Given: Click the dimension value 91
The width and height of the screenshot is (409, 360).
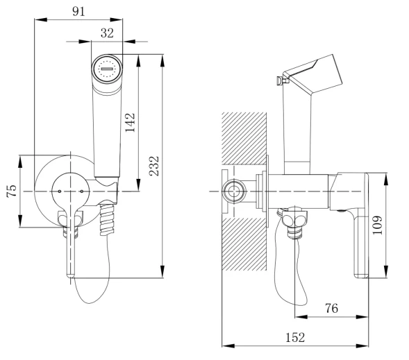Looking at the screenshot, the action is [78, 12].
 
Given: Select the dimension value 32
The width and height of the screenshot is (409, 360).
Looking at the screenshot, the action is [107, 33].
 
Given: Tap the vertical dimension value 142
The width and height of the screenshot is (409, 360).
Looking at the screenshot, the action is [130, 123].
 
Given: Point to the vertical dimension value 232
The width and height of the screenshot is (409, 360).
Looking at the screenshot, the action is [154, 166].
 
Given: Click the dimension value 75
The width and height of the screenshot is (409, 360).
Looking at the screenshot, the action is [12, 191].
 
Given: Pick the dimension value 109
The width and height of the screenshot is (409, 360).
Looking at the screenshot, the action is [377, 225].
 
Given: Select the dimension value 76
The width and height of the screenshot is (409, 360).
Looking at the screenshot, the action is [331, 309].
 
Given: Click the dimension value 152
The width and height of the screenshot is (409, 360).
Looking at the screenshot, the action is [295, 338].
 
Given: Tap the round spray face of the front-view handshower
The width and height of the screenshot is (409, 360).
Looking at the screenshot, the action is [107, 69].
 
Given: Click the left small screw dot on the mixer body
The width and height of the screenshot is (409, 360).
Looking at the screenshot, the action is [60, 191].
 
